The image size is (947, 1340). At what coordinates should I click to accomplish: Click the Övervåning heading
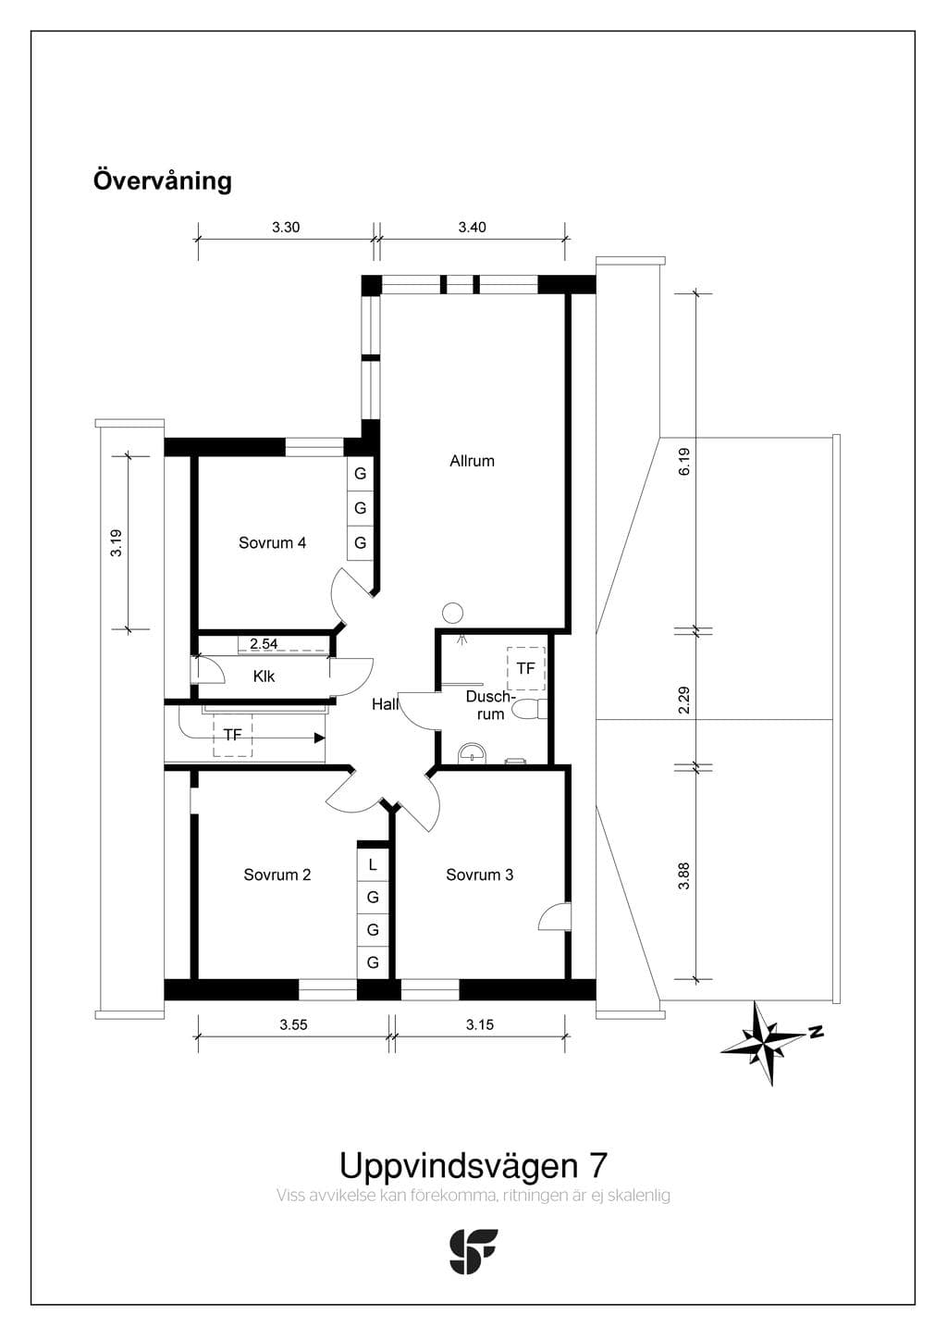click(x=162, y=181)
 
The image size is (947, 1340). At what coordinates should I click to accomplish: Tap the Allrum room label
click(x=472, y=461)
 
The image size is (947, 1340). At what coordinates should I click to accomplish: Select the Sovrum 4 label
click(x=272, y=543)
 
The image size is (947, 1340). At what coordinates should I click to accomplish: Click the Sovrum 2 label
click(x=277, y=875)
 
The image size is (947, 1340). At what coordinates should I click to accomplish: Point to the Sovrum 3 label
click(x=479, y=875)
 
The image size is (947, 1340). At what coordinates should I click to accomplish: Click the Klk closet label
click(x=264, y=676)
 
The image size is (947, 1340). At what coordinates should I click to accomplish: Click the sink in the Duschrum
click(x=473, y=754)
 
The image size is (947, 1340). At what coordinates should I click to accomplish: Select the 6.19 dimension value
click(x=684, y=462)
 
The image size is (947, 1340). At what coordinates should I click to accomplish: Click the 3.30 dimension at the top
click(x=286, y=228)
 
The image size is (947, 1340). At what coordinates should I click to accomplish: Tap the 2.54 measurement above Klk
click(x=264, y=644)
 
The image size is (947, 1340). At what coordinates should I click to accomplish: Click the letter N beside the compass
click(x=816, y=1032)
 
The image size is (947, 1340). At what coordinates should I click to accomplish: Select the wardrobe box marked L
click(x=373, y=865)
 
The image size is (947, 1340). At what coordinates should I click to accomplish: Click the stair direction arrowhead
click(x=320, y=738)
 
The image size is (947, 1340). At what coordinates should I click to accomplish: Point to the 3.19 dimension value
click(x=116, y=543)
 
